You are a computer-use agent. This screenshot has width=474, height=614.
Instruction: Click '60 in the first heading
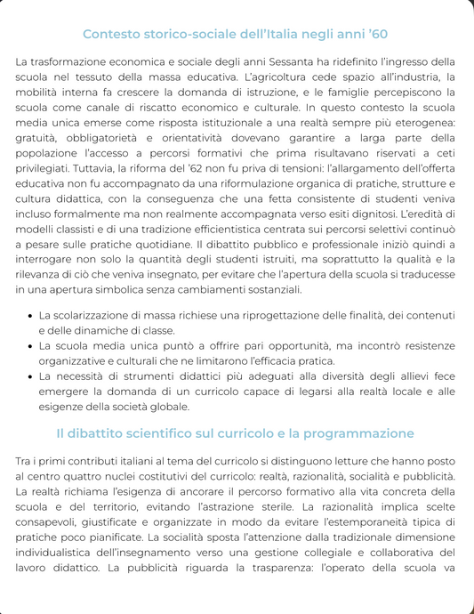click(x=377, y=35)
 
